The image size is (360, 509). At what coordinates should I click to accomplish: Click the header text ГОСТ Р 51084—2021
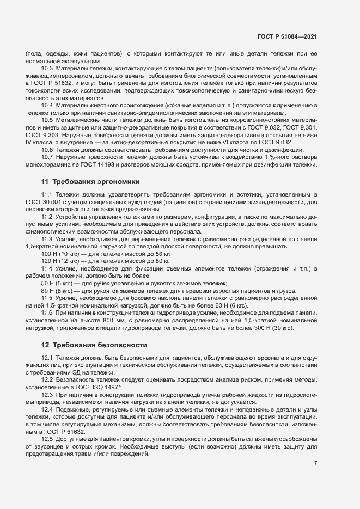tap(288, 36)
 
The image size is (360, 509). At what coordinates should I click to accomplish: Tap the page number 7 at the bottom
tap(316, 463)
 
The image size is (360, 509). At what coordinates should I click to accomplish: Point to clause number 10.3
tap(47, 68)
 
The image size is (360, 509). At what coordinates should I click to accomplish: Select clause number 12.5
tap(47, 438)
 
